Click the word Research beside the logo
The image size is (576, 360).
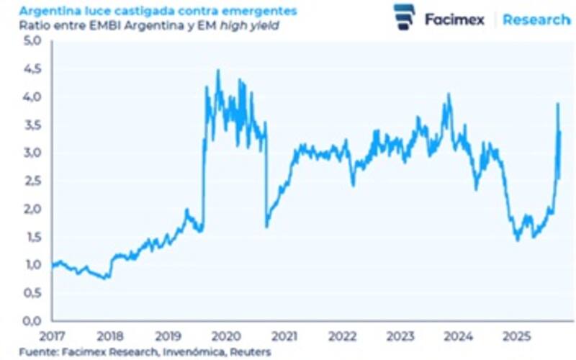(536, 19)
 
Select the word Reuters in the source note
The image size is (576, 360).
(252, 351)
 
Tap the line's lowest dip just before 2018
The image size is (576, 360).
(107, 278)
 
